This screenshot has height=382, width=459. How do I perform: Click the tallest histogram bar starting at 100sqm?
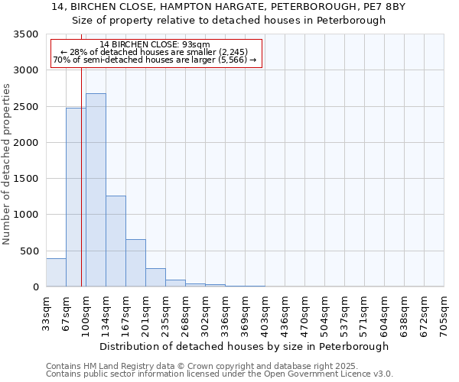96,190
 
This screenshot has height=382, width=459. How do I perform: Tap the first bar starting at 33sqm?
56,273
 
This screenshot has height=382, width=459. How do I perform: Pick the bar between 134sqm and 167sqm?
116,241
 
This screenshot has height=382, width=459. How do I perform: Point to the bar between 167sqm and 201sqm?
135,263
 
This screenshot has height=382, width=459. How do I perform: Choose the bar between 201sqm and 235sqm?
155,277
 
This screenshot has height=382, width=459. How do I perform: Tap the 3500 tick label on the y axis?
25,35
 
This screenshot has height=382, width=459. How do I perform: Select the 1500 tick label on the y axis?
25,179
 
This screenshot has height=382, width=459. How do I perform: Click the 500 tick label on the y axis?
28,251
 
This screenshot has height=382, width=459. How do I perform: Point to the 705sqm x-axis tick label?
444,312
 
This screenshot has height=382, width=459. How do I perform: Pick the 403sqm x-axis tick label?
265,312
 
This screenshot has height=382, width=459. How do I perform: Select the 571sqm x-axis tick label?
365,312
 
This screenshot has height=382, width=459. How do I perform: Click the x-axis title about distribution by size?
245,346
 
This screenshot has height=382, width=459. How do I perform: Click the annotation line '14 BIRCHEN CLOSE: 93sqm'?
155,45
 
